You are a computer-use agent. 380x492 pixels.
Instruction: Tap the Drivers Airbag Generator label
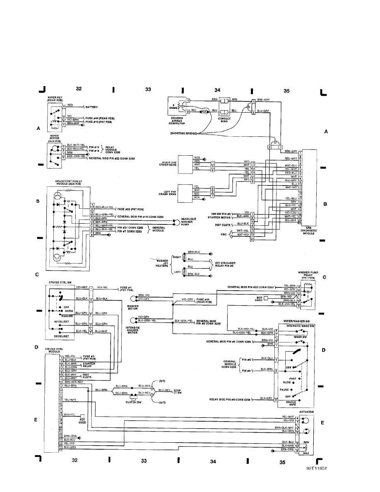tap(178, 121)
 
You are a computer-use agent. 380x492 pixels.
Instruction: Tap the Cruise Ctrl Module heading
tap(54, 350)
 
